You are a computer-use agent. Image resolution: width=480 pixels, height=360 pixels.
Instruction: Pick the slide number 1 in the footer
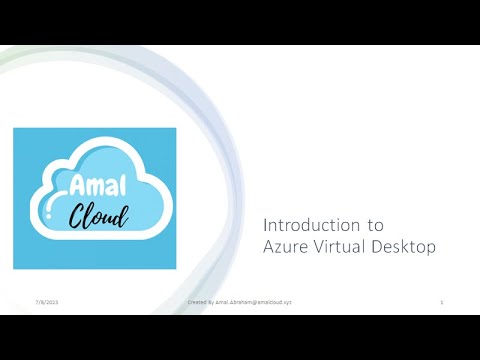(442, 301)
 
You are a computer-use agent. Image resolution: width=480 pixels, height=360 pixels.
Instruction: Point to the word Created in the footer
(197, 301)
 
